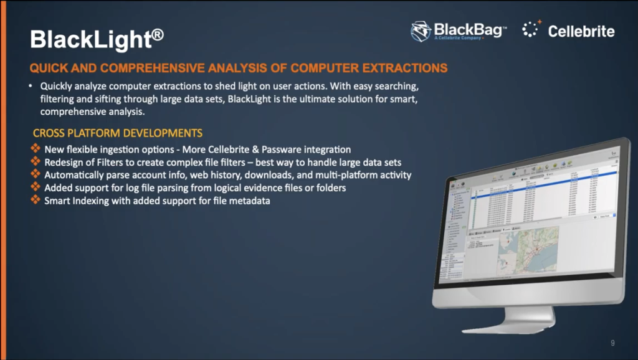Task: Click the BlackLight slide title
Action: click(x=90, y=40)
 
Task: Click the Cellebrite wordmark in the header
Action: click(x=581, y=31)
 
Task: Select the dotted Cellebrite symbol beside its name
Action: click(x=530, y=29)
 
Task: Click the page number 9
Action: click(x=612, y=343)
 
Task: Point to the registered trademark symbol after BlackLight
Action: click(x=158, y=34)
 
